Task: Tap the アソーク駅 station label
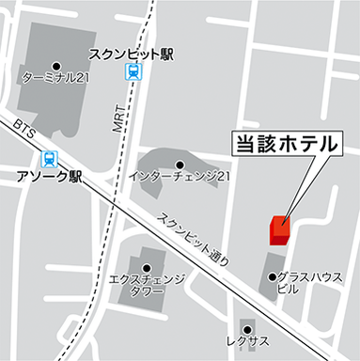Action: (x=51, y=176)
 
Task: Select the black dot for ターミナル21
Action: (x=55, y=65)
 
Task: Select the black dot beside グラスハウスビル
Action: (x=272, y=277)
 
